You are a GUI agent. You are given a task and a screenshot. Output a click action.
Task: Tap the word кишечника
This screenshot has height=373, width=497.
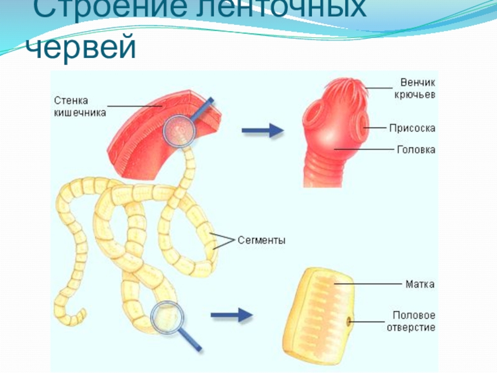tap(80, 113)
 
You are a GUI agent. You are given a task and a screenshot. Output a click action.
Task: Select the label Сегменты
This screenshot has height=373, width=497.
tap(262, 240)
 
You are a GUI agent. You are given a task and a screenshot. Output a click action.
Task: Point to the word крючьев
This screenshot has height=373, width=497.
tap(414, 94)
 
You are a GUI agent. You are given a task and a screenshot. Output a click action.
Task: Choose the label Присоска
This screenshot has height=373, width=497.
tap(413, 128)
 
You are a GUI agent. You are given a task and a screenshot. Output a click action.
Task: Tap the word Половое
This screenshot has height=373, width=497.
tap(414, 315)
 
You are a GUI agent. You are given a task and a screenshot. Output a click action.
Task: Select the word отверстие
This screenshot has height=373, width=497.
tap(414, 327)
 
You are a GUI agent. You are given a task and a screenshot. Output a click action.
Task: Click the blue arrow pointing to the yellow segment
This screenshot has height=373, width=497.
tap(232, 316)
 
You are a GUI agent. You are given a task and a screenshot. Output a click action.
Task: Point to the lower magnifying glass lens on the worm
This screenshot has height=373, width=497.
tap(166, 316)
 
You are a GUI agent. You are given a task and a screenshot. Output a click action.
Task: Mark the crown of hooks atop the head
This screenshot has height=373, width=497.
tap(339, 87)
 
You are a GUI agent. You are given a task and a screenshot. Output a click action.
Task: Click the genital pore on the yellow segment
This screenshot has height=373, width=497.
tap(348, 321)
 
